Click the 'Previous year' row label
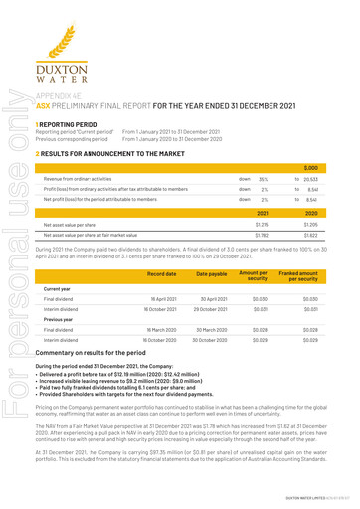(x=59, y=355)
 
